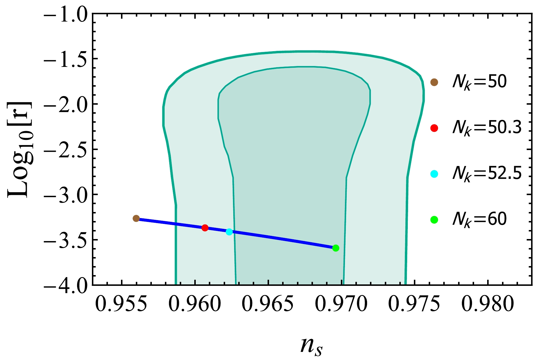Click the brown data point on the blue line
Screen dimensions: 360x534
[x=136, y=218]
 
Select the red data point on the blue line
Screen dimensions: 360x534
[x=205, y=228]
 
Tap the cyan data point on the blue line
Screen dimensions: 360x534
[x=229, y=232]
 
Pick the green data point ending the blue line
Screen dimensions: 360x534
[x=336, y=248]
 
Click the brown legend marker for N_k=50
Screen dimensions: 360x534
[x=434, y=82]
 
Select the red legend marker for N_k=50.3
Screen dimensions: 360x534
[x=434, y=128]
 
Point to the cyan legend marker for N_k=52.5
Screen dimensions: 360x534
[x=434, y=174]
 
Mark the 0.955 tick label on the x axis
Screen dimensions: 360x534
[x=122, y=305]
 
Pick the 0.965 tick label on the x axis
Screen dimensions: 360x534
[x=268, y=305]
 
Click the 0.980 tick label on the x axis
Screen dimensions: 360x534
[x=487, y=305]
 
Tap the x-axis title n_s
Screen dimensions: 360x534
[x=311, y=347]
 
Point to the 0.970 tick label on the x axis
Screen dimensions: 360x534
[x=341, y=305]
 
